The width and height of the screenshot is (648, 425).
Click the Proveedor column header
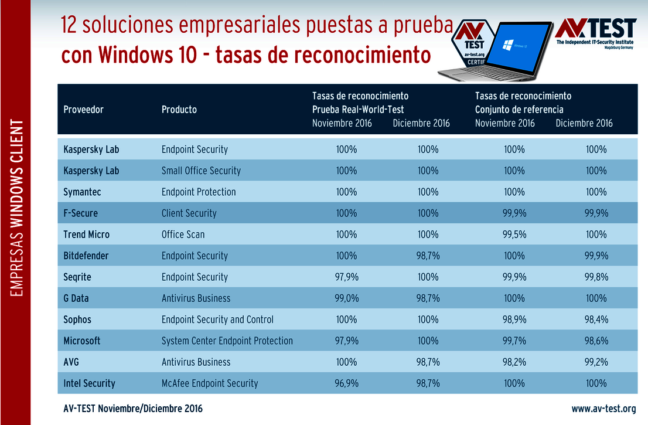tap(83, 110)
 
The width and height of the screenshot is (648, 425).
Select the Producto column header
tap(179, 110)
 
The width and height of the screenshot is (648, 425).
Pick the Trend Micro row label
tap(86, 234)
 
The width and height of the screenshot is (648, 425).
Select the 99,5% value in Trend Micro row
tap(514, 234)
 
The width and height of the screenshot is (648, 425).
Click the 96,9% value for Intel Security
tap(346, 383)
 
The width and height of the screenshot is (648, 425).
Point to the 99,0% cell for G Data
tap(346, 298)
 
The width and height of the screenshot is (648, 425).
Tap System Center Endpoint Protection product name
tap(227, 341)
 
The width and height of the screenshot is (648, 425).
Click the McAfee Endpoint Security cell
tap(210, 383)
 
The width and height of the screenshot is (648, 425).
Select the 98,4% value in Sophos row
tap(596, 319)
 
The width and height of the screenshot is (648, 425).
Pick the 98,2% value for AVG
tap(514, 362)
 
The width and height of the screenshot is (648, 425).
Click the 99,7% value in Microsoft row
tap(514, 341)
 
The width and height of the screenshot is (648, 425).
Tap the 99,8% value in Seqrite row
tap(596, 277)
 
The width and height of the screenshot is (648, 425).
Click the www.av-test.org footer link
tap(603, 409)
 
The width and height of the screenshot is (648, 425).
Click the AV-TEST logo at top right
tap(595, 33)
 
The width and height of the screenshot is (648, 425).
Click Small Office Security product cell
tap(201, 171)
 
